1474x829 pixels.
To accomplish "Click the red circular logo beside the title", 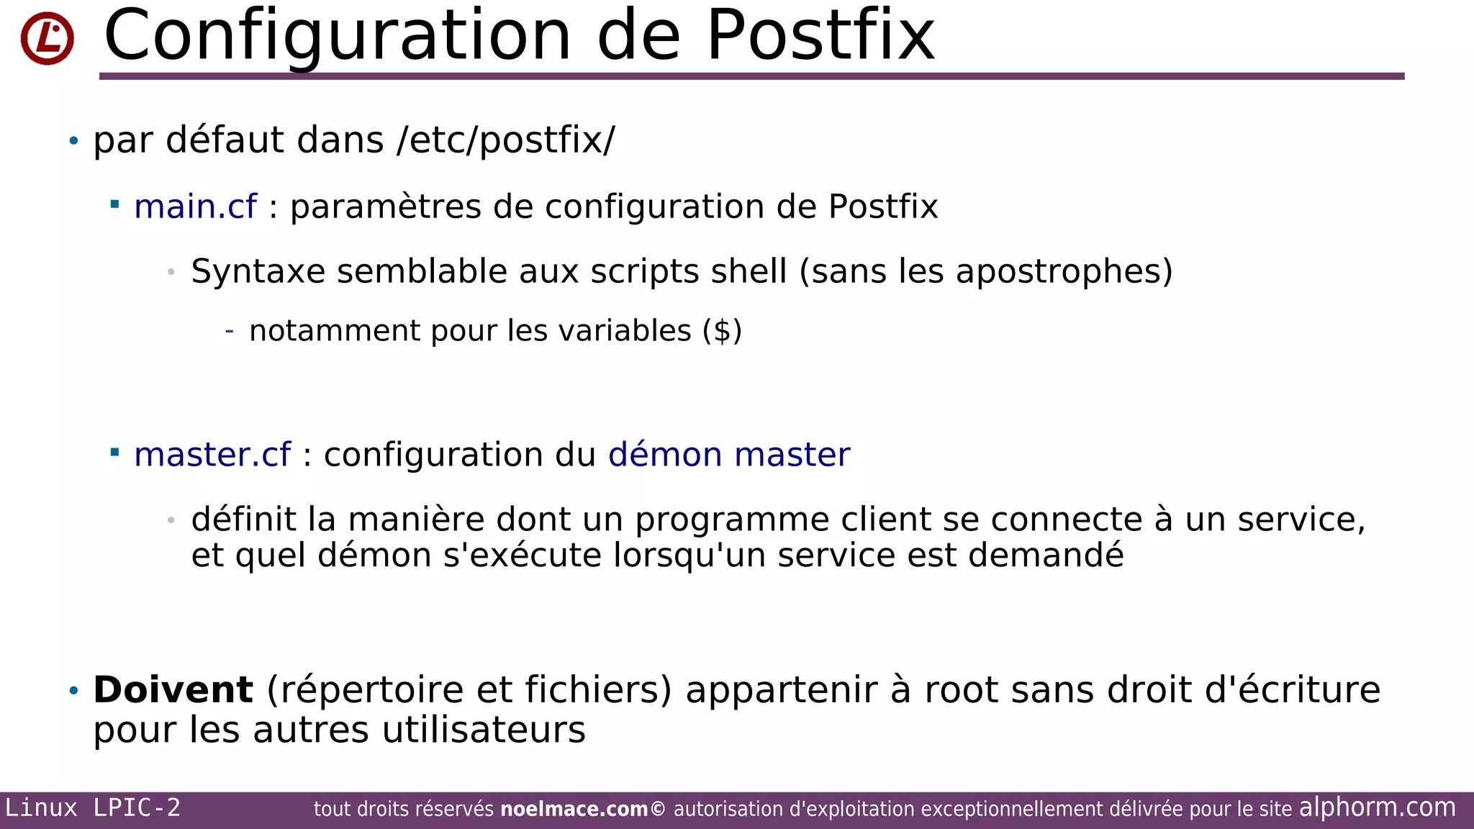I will coord(48,38).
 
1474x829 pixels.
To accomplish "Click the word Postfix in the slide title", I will coord(820,36).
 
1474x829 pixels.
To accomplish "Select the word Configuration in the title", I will coord(338,36).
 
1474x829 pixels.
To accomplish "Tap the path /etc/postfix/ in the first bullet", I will coord(506,140).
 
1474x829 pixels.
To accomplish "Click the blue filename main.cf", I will coord(195,207).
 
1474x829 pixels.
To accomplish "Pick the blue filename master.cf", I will coord(212,455).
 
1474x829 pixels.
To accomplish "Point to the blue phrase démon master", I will coord(729,455).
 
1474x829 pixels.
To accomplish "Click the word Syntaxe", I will coord(258,272).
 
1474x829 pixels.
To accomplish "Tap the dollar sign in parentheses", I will coord(722,331).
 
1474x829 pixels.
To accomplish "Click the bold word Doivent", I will coord(173,689).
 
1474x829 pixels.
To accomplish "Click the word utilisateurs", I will coord(484,730).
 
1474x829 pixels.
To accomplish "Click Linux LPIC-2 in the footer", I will coord(93,808).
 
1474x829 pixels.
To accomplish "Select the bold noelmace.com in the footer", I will coord(574,810).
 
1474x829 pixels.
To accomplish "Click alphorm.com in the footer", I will coord(1377,807).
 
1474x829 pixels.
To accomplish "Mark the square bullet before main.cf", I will coord(114,205).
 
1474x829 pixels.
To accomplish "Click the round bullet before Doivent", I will coord(73,691).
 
